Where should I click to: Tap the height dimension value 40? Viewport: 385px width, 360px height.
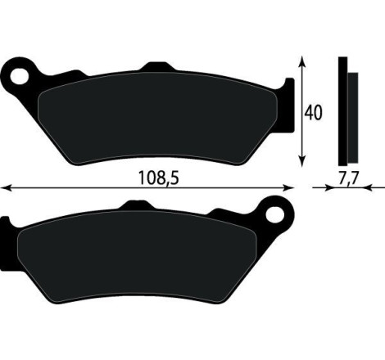click(313, 111)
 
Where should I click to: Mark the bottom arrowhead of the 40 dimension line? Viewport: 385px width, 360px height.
click(304, 163)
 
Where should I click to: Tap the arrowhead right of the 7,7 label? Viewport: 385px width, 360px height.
click(358, 188)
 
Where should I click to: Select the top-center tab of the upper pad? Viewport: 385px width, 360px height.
click(154, 69)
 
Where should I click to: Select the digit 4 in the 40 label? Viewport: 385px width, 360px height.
click(309, 111)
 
